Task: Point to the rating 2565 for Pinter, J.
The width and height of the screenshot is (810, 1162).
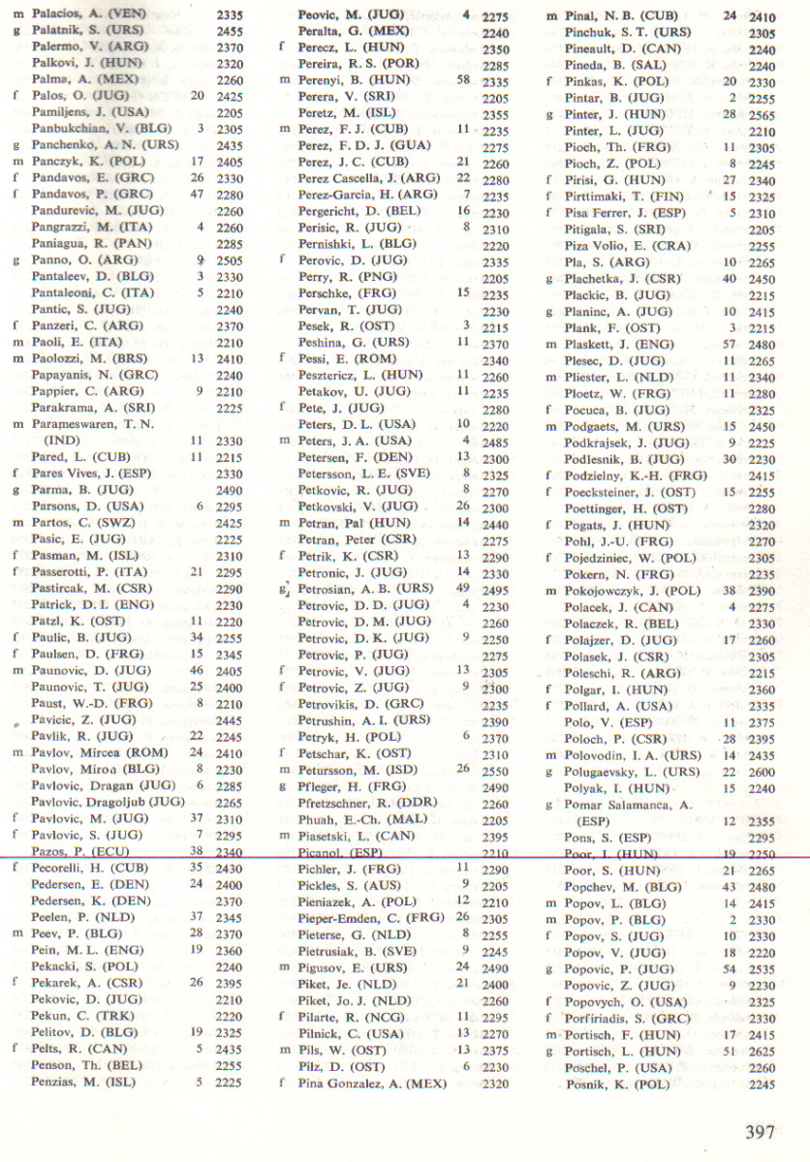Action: click(763, 114)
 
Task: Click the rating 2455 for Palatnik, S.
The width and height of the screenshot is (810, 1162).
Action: click(230, 32)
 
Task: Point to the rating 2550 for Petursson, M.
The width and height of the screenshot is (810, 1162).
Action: click(495, 770)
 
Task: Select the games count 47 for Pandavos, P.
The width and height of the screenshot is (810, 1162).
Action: click(198, 196)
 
